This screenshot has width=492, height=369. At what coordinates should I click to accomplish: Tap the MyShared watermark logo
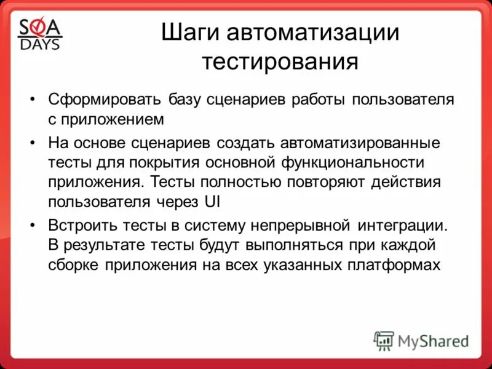(x=422, y=340)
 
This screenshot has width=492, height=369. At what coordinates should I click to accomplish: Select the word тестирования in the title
(x=280, y=62)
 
